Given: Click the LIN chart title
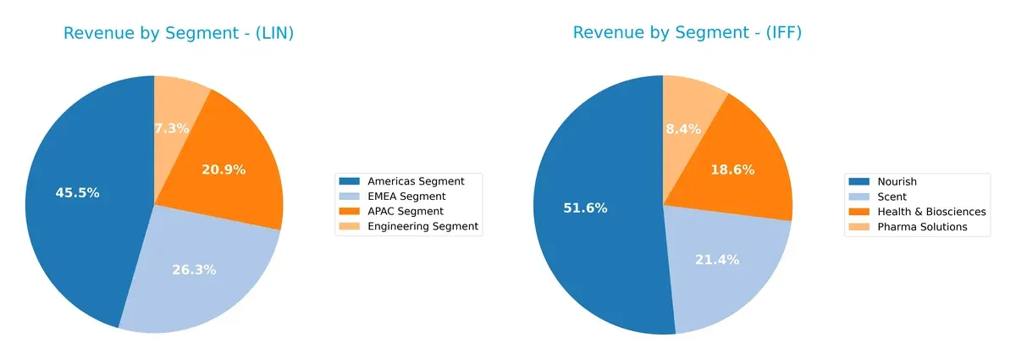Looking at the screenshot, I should pyautogui.click(x=184, y=33).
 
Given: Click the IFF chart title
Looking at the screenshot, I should pyautogui.click(x=687, y=33).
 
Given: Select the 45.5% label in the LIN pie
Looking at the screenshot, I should pyautogui.click(x=77, y=192).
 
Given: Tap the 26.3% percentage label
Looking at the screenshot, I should pyautogui.click(x=194, y=269).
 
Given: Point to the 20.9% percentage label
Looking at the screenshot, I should pyautogui.click(x=224, y=169).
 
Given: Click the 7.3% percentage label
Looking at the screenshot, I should pyautogui.click(x=171, y=128).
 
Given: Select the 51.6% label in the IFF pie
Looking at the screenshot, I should pyautogui.click(x=585, y=208).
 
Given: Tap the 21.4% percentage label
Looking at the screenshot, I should pyautogui.click(x=717, y=259).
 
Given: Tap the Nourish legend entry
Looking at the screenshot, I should pyautogui.click(x=897, y=181).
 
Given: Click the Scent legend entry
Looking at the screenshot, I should pyautogui.click(x=892, y=197).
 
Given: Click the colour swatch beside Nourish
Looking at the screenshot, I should pyautogui.click(x=860, y=181).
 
